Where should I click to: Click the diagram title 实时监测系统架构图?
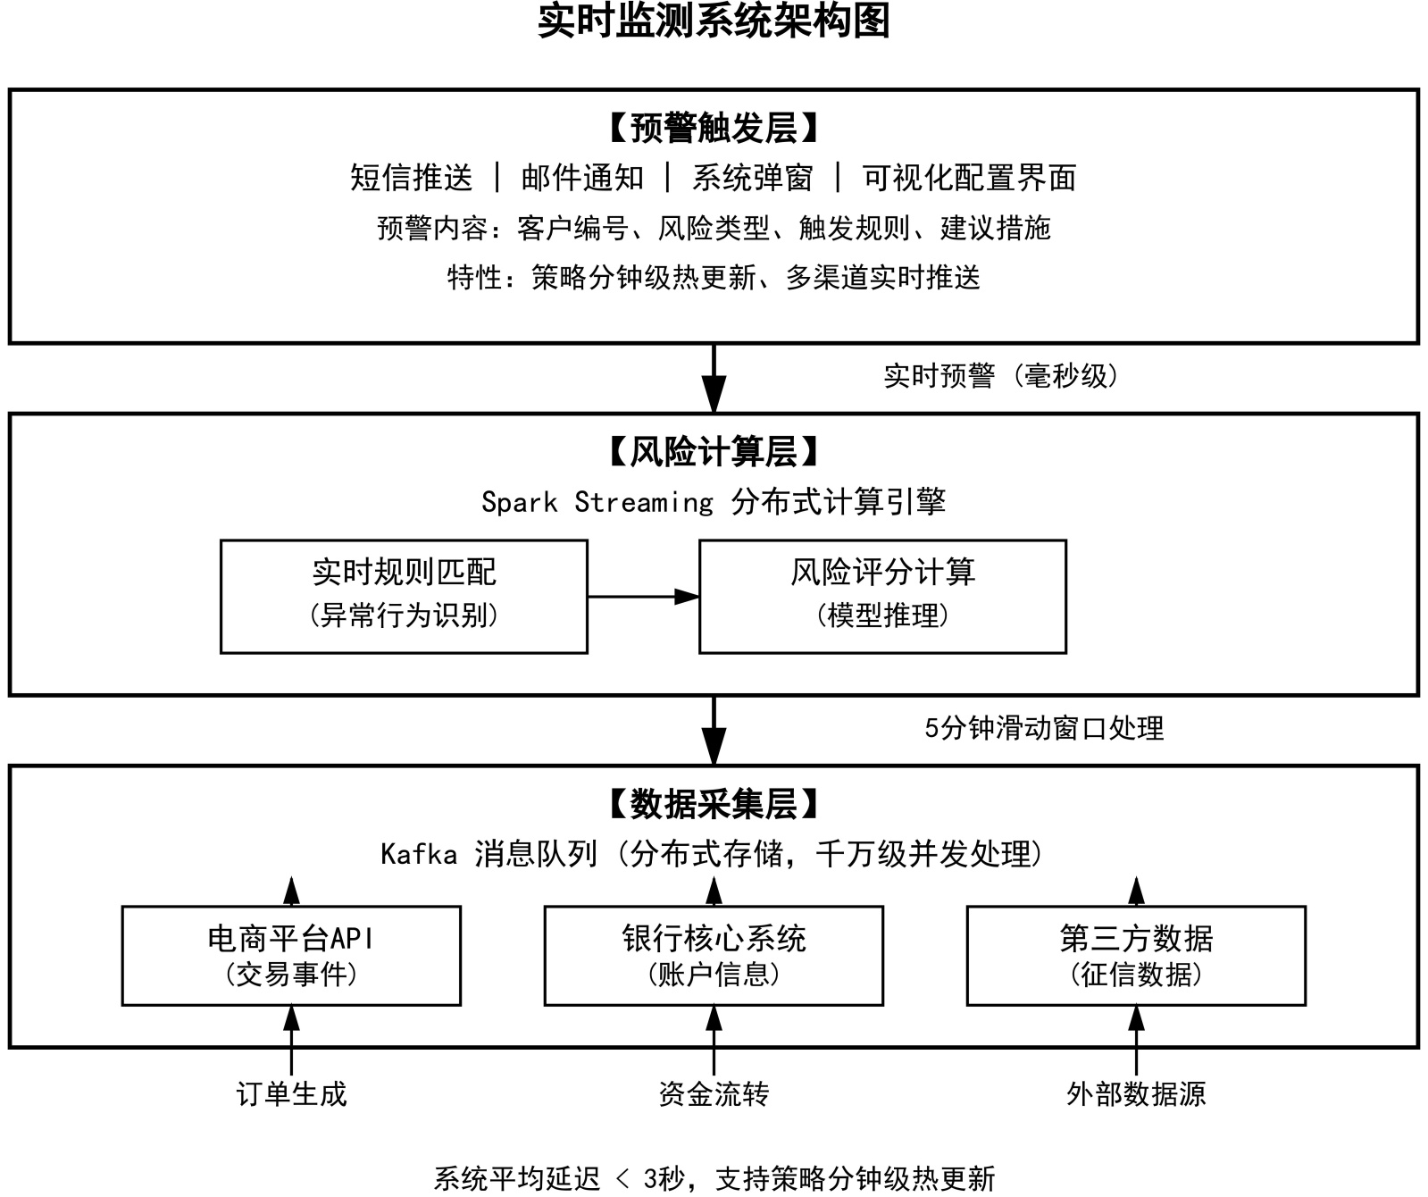point(714,21)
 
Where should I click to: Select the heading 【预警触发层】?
point(714,129)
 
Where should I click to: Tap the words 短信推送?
point(411,178)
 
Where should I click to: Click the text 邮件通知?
point(582,178)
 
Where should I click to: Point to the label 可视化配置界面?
point(969,178)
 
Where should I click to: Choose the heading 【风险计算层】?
point(714,453)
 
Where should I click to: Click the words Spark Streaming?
point(597,502)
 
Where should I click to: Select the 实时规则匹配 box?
point(404,596)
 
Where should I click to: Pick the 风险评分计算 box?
point(882,596)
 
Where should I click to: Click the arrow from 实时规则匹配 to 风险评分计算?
point(643,596)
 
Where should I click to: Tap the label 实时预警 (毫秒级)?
point(1000,376)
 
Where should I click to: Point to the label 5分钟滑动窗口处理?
point(1044,728)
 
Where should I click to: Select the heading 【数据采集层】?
point(714,805)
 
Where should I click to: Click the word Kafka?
point(419,855)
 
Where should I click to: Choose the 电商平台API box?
point(291,955)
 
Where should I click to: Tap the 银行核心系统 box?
point(714,955)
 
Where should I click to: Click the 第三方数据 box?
point(1136,955)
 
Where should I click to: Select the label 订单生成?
point(291,1094)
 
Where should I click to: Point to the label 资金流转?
point(714,1094)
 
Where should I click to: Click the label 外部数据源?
point(1136,1094)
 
